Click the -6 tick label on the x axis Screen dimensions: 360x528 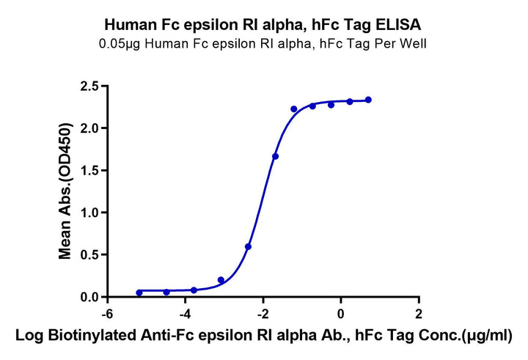107,314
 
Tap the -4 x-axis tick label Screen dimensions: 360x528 185,314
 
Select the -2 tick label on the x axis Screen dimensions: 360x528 263,314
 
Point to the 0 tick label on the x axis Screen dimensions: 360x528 341,314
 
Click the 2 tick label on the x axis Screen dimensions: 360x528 419,314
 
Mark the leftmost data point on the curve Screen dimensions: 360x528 139,293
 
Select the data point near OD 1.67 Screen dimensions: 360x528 275,156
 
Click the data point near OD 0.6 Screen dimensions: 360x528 249,246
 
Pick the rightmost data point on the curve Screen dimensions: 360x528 368,100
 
